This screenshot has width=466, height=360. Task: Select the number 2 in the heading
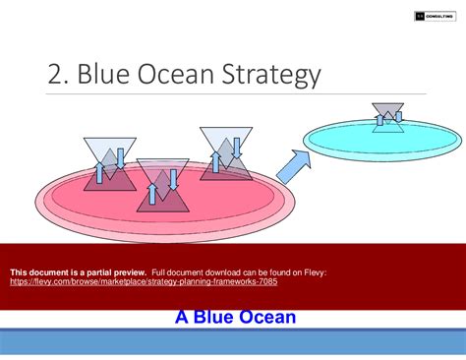[56, 75]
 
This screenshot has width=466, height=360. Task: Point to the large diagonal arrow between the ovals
[296, 164]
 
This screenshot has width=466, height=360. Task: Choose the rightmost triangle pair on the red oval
[225, 153]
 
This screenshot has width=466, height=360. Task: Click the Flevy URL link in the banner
[144, 280]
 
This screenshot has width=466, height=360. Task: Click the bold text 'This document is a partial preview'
[78, 270]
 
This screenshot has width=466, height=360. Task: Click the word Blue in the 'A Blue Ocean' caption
[213, 317]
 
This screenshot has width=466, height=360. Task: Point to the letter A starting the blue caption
[182, 317]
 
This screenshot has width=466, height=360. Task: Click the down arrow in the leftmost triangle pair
[119, 158]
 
